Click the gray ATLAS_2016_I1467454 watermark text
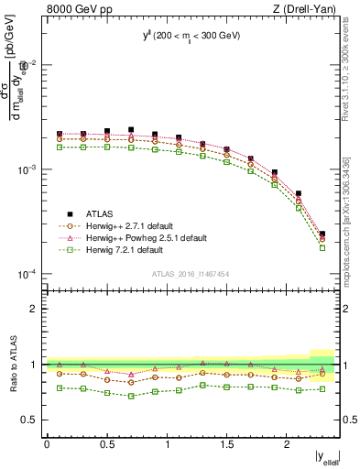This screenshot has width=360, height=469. (x=191, y=274)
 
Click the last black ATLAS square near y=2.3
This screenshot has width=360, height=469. (x=322, y=234)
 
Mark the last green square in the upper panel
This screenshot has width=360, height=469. (x=322, y=247)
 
